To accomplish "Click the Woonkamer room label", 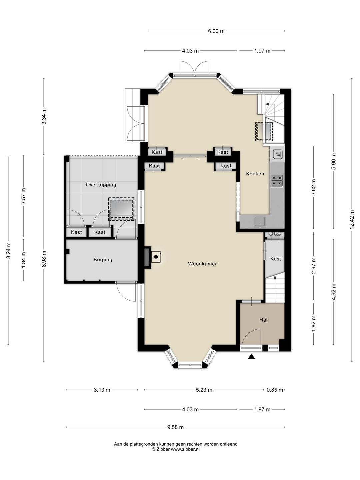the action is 202,264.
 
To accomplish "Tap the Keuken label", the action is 255,174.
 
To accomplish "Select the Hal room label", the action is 263,320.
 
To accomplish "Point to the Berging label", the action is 103,260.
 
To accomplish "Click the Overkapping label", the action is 101,185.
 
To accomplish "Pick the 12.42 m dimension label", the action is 352,219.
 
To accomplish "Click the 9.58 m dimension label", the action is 176,427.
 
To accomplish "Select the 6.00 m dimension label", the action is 216,31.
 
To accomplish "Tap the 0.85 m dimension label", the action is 275,390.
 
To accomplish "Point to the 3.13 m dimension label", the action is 102,390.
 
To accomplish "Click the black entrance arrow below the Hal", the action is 252,356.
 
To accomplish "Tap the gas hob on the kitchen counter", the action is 277,181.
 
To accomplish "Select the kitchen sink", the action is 260,221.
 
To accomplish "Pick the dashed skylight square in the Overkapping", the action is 121,209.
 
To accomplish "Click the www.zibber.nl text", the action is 185,449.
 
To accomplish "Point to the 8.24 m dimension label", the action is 9,250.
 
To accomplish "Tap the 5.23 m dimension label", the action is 204,390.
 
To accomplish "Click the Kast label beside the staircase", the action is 275,259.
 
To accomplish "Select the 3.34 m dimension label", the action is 44,116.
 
